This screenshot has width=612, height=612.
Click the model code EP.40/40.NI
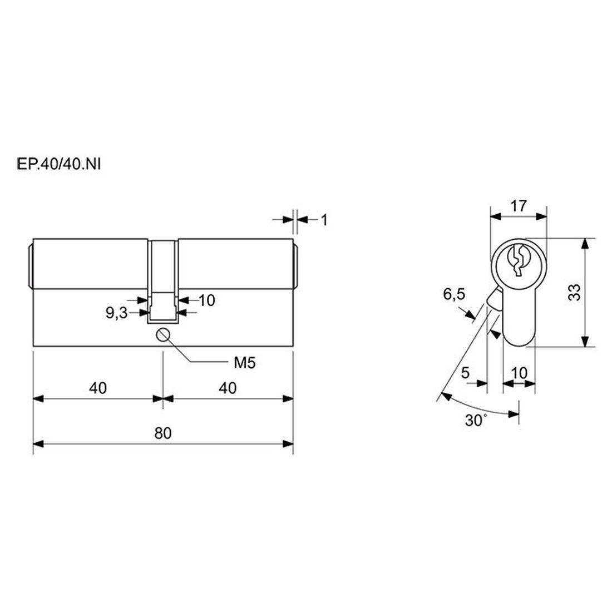pos(59,164)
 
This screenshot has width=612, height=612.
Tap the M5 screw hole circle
pos(163,335)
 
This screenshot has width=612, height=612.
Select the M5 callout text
pos(244,363)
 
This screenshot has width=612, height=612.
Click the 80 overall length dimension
pos(163,433)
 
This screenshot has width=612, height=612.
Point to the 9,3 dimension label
pos(117,313)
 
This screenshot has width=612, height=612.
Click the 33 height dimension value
pos(574,292)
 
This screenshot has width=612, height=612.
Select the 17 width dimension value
pos(519,206)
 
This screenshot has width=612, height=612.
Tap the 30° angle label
pos(476,421)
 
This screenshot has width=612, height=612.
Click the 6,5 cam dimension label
pos(455,294)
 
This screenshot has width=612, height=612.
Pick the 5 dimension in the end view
pos(465,373)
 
